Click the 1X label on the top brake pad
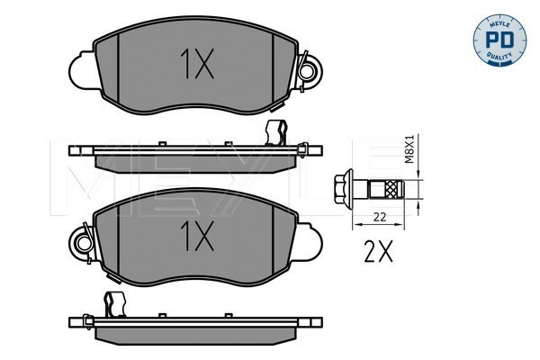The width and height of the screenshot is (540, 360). (197, 64)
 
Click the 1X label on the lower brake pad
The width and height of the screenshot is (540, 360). (197, 236)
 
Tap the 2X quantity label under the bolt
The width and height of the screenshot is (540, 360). (378, 251)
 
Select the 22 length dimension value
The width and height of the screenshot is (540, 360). (380, 217)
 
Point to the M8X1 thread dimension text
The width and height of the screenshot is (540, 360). (409, 148)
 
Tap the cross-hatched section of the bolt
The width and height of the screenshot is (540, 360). (391, 189)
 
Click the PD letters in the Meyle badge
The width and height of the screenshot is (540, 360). (499, 40)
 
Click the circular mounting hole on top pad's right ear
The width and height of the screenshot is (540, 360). (306, 72)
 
